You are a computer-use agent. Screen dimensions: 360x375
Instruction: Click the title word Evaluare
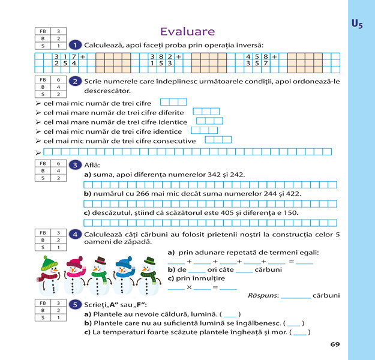pyautogui.click(x=188, y=31)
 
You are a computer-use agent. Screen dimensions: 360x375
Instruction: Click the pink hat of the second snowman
pyautogui.click(x=74, y=262)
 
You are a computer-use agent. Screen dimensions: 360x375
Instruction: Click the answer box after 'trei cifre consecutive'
pyautogui.click(x=218, y=140)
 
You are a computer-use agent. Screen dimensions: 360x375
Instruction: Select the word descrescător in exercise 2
pyautogui.click(x=107, y=91)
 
